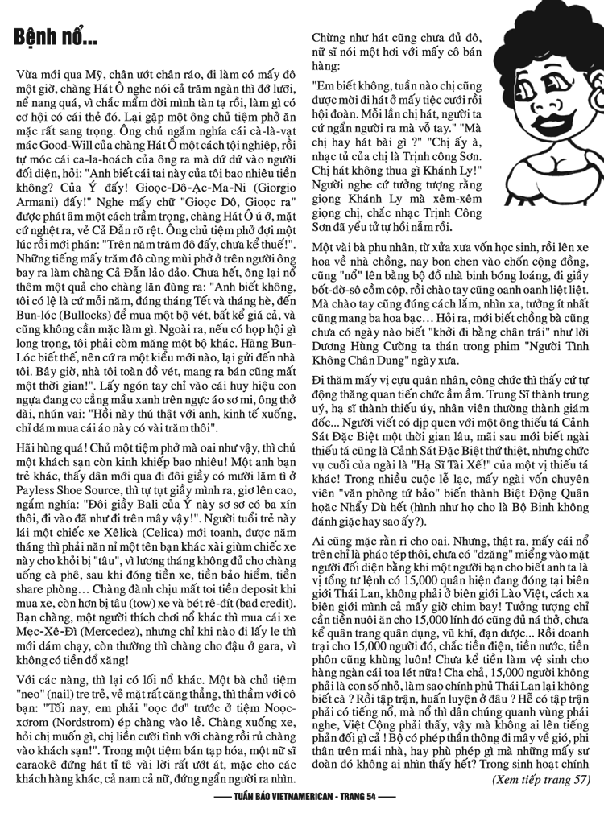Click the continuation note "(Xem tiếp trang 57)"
pyautogui.click(x=540, y=780)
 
